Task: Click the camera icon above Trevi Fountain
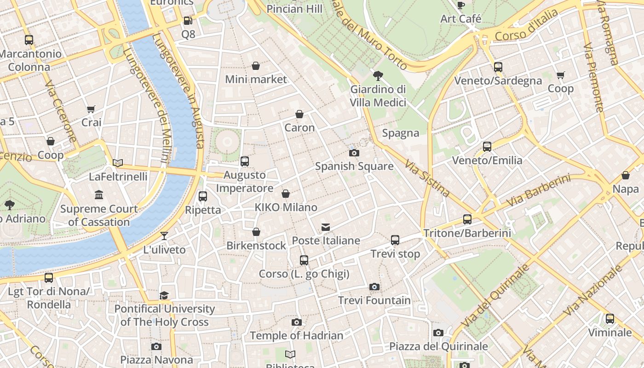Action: pos(374,287)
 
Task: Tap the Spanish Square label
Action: pos(354,166)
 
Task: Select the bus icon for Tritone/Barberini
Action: pos(467,219)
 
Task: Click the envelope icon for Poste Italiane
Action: pos(326,227)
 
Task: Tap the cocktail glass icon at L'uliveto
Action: pos(164,236)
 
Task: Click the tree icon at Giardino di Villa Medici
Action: pos(378,75)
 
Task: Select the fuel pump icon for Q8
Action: pos(188,21)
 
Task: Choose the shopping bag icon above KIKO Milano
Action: pos(286,194)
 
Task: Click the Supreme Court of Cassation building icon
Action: pos(99,195)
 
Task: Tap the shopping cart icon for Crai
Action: pos(91,109)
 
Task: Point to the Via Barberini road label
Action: pos(538,190)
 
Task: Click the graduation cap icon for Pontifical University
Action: pos(164,295)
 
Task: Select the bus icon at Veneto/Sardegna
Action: pos(498,67)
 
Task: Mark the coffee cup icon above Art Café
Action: pos(460,5)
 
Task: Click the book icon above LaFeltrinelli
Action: pos(118,163)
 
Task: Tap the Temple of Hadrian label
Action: pos(296,336)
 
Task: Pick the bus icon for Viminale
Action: pos(610,318)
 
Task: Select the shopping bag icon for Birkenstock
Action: pos(256,232)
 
